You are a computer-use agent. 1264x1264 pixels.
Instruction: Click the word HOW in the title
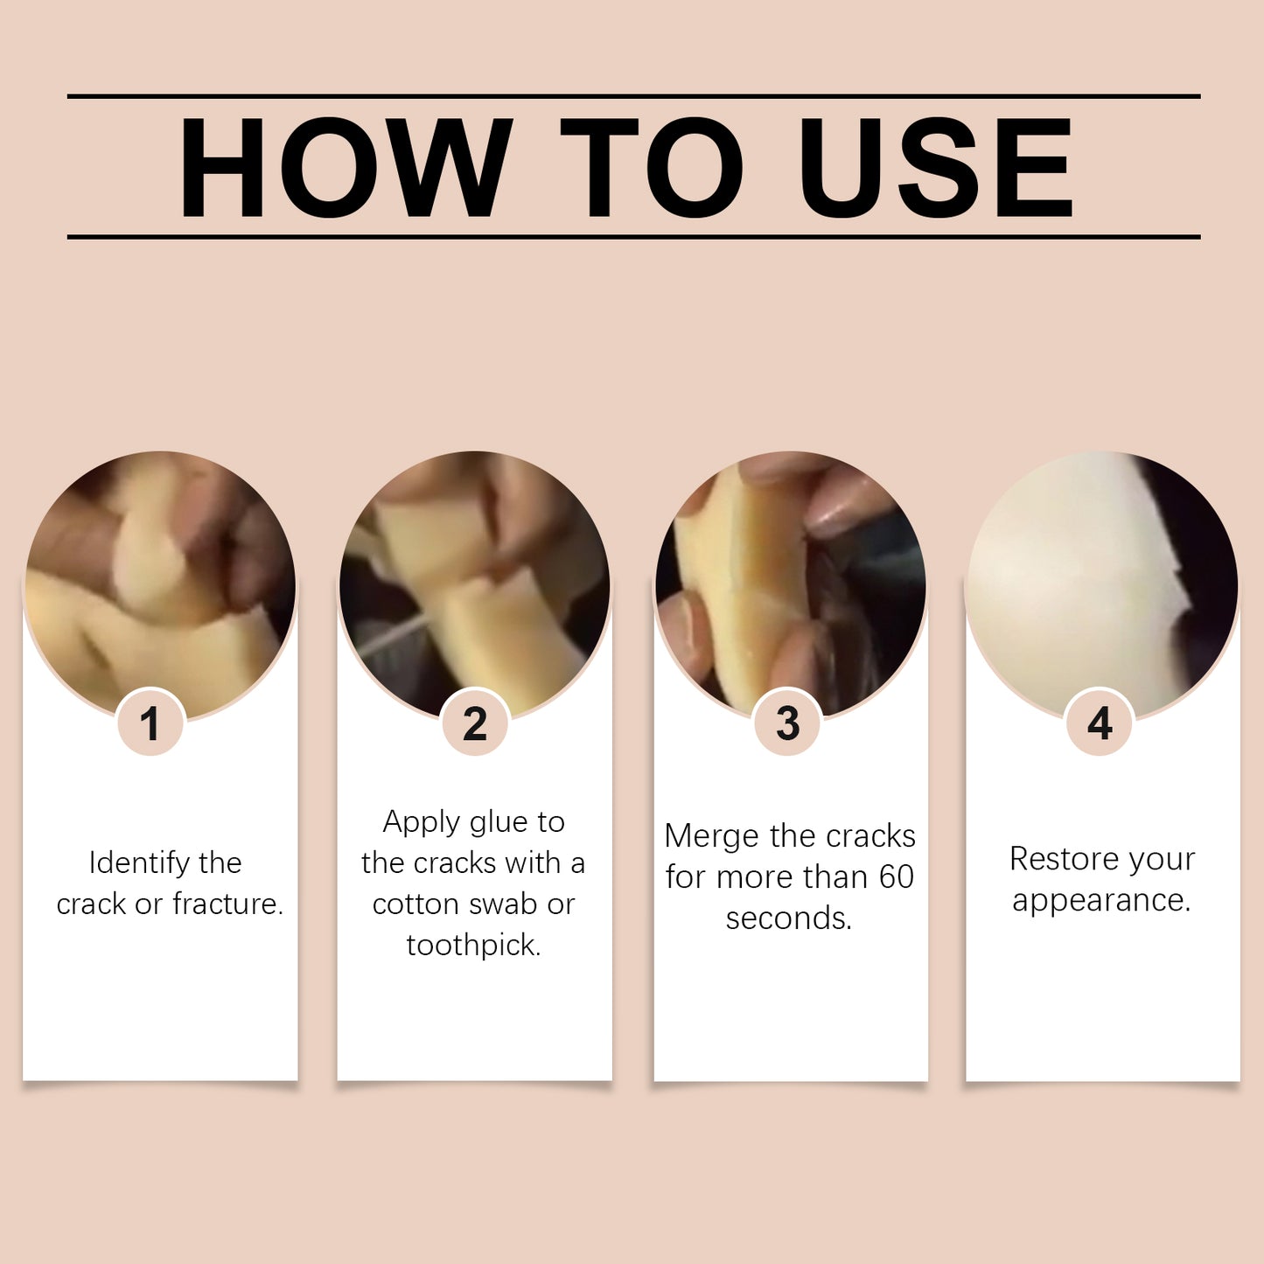pos(345,167)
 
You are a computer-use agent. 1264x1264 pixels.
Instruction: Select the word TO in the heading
pos(652,167)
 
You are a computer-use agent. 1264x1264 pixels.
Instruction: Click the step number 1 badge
pos(150,723)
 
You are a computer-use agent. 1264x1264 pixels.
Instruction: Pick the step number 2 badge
pos(475,723)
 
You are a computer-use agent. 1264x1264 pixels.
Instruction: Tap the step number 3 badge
pos(787,723)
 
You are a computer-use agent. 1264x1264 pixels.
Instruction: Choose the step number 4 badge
pos(1100,723)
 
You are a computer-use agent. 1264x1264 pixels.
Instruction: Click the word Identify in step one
pos(139,863)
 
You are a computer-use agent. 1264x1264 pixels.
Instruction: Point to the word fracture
pos(227,904)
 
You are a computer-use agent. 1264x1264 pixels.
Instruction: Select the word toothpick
pos(473,946)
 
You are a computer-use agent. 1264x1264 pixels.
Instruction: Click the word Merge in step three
pos(710,836)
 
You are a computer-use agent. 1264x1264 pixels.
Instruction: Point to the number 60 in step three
pos(896,876)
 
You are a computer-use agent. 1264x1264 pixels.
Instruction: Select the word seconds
pos(788,918)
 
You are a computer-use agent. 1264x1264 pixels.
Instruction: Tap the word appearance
pos(1101,900)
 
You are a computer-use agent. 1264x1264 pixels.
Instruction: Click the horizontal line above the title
pos(633,95)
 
